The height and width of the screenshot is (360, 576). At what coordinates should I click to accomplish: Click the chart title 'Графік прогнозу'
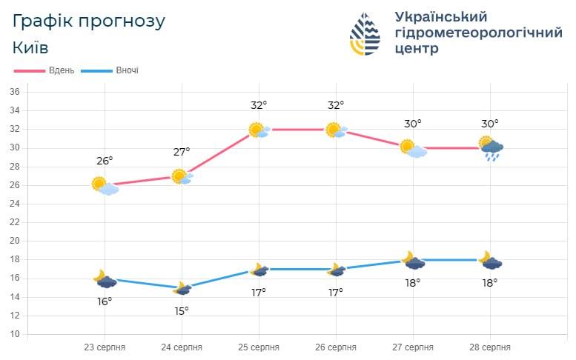89,21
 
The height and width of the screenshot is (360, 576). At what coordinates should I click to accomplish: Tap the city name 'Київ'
31,47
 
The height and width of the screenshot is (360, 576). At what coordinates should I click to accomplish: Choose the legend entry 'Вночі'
126,70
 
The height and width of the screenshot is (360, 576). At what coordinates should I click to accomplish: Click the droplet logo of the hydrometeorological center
365,34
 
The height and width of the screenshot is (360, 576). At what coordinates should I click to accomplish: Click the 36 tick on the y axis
14,92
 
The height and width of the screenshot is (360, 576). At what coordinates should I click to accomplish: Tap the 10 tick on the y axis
14,334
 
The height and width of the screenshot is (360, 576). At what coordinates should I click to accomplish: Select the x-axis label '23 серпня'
105,347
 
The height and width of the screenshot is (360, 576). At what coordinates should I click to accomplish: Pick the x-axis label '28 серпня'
489,347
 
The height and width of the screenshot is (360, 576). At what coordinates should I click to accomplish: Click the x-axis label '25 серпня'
259,347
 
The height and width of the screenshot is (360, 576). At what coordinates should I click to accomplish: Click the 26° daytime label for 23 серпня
105,161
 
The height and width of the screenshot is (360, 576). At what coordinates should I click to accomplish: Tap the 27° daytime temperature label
182,152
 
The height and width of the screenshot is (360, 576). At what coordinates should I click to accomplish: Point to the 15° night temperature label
182,310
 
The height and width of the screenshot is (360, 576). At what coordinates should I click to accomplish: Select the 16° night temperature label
105,301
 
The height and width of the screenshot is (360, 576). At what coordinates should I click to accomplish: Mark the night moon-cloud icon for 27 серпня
413,261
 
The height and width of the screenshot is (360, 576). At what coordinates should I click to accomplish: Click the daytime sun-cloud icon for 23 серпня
105,185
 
